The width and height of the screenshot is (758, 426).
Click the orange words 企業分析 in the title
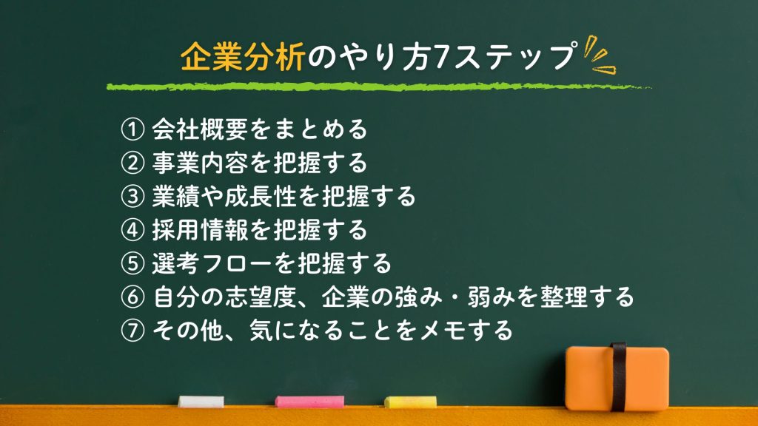pyautogui.click(x=243, y=57)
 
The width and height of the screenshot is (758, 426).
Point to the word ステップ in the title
pyautogui.click(x=514, y=57)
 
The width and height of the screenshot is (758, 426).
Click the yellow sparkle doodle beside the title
pyautogui.click(x=599, y=55)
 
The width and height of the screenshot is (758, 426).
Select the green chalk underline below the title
pyautogui.click(x=378, y=87)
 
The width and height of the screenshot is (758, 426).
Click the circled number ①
pyautogui.click(x=133, y=129)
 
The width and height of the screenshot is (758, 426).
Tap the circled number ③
pyautogui.click(x=133, y=197)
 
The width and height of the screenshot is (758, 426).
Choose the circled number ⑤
pyautogui.click(x=133, y=264)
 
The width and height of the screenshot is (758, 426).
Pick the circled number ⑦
pyautogui.click(x=133, y=331)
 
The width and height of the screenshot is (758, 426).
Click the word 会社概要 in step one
pyautogui.click(x=200, y=129)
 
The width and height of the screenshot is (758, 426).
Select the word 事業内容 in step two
pyautogui.click(x=200, y=163)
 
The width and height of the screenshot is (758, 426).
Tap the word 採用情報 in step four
pyautogui.click(x=200, y=230)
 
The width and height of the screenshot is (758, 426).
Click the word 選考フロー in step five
pyautogui.click(x=212, y=264)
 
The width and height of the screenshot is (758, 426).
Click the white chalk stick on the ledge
pyautogui.click(x=201, y=402)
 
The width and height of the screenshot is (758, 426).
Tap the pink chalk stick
pyautogui.click(x=310, y=402)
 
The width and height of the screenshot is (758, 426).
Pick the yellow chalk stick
pyautogui.click(x=410, y=402)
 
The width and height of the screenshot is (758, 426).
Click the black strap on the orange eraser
pyautogui.click(x=618, y=376)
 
